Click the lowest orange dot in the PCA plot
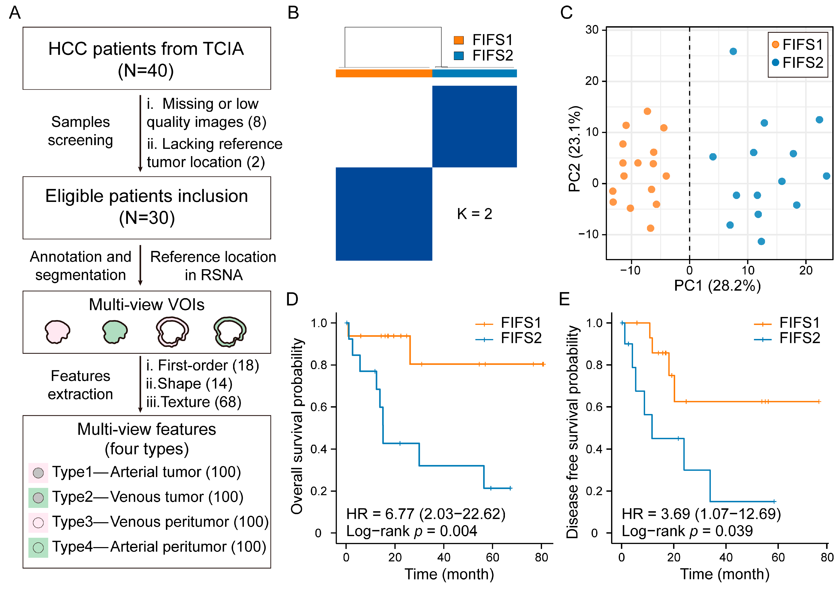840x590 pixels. (x=650, y=228)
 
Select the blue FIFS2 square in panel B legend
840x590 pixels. (x=458, y=56)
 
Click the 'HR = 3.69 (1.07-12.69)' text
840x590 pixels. (x=701, y=514)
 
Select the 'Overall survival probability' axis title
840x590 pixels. (x=297, y=426)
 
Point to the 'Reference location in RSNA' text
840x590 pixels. (x=213, y=266)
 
